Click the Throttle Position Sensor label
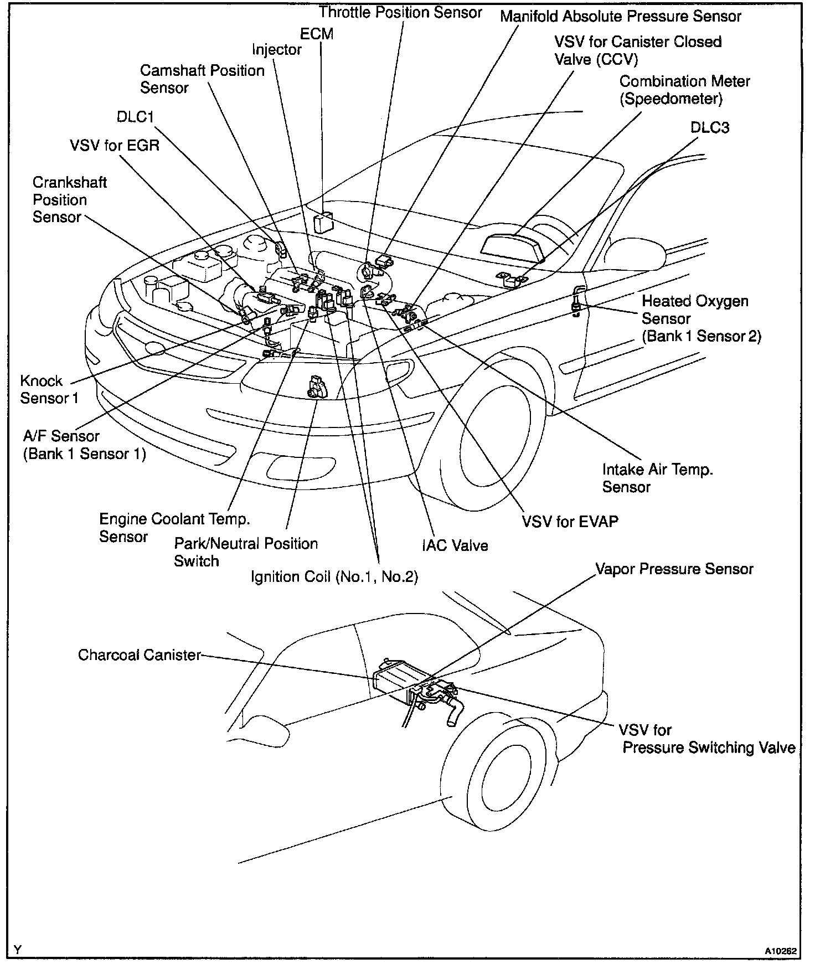click(x=400, y=12)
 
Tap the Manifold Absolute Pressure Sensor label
click(x=620, y=16)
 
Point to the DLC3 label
click(x=709, y=127)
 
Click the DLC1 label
click(x=135, y=117)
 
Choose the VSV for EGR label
click(x=115, y=145)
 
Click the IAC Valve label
click(x=455, y=545)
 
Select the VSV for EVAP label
click(x=570, y=521)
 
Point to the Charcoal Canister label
click(x=139, y=655)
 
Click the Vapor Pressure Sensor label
click(x=674, y=569)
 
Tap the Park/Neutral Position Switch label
click(x=246, y=552)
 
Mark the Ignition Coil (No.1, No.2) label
click(x=334, y=577)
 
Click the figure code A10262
click(x=781, y=951)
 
